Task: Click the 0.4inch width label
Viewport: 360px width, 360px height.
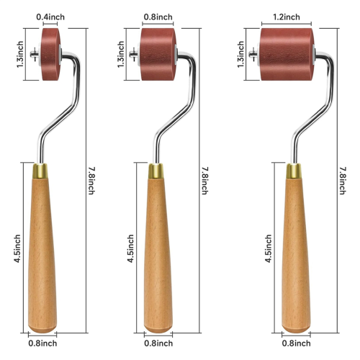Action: point(50,17)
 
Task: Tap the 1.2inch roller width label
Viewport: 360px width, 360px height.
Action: point(287,17)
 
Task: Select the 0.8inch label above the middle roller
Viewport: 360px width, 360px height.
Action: point(158,17)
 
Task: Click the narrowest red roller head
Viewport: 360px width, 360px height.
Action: point(50,54)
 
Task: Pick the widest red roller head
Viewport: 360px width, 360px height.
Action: point(287,54)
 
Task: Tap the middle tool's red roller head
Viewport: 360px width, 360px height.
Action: point(158,54)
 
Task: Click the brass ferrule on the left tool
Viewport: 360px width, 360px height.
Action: point(40,171)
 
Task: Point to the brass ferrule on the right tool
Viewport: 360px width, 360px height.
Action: point(294,171)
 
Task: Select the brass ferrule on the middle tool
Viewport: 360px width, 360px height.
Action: point(156,171)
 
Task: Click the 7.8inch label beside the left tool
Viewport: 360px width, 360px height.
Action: point(91,181)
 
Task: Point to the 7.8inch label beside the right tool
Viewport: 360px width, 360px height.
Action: point(343,181)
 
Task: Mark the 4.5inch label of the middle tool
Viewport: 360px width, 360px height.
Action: point(130,248)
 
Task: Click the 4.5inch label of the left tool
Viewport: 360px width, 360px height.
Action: point(17,248)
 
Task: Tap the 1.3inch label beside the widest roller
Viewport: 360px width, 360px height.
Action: point(240,54)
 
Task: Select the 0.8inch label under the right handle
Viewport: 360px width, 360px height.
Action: point(296,343)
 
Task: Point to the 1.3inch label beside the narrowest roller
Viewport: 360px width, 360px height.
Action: point(20,54)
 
